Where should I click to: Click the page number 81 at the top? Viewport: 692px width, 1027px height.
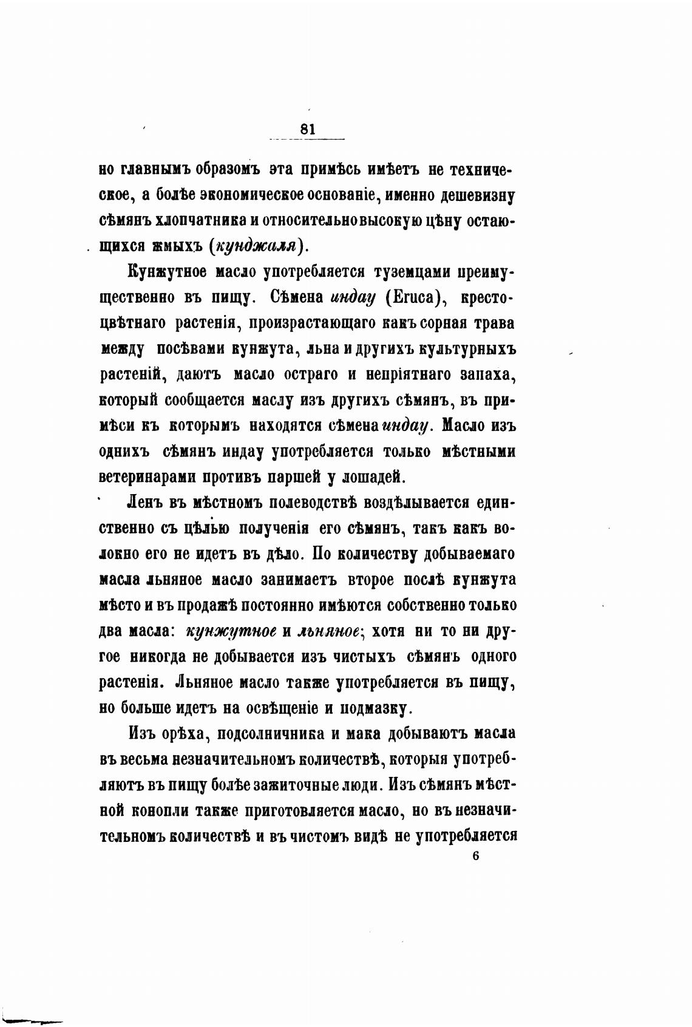[x=308, y=129]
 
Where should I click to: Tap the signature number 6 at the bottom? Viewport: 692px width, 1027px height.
[x=475, y=856]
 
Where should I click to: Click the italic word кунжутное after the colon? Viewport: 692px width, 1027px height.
[x=231, y=631]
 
